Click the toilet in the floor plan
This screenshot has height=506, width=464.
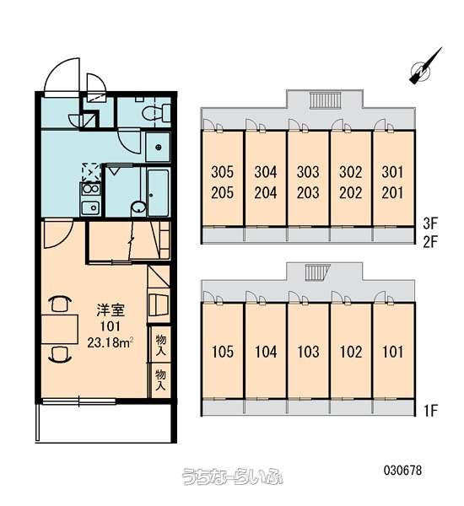[x=156, y=113]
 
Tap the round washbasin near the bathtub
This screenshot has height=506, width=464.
[x=138, y=208]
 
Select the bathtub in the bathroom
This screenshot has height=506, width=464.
[x=159, y=192]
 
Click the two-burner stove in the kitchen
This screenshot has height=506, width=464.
[x=91, y=189]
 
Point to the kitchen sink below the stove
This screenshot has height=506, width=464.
[x=90, y=207]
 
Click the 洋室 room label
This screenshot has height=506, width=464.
[x=111, y=310]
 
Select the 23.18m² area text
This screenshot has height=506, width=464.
[x=111, y=342]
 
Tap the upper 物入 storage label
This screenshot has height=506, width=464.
[x=160, y=345]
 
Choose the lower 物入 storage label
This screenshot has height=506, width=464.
[x=160, y=380]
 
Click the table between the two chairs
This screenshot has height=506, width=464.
[x=60, y=329]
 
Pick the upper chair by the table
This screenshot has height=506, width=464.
[x=60, y=304]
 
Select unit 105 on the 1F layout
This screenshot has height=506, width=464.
[x=223, y=352]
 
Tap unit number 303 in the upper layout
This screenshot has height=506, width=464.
[x=308, y=172]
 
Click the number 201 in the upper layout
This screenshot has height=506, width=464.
[x=392, y=193]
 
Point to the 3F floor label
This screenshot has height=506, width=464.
[x=429, y=223]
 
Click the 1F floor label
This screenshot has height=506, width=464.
[x=429, y=411]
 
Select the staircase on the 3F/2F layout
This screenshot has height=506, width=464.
[x=325, y=100]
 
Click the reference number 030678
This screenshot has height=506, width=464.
[x=402, y=471]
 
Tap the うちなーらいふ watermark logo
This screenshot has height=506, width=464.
[x=233, y=476]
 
